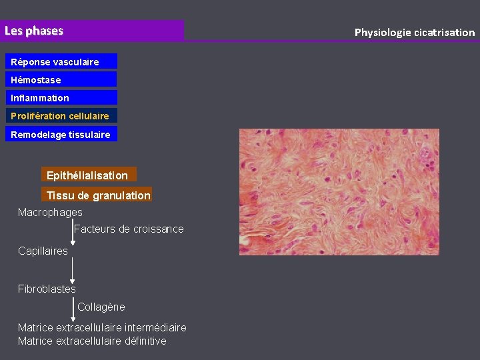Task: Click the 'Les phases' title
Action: (x=34, y=31)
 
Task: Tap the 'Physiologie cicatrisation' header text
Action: (x=414, y=32)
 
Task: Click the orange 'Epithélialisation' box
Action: (x=88, y=175)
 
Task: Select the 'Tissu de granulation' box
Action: (x=97, y=195)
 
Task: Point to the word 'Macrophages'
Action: (x=50, y=212)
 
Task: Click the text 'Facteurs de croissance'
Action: (x=129, y=229)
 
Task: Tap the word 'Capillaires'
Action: (x=43, y=251)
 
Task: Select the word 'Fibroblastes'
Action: (x=47, y=289)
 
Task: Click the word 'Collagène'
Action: (x=101, y=307)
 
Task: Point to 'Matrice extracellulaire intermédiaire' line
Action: (x=102, y=327)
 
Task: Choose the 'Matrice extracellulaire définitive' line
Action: (x=92, y=341)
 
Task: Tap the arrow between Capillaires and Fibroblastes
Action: (x=72, y=270)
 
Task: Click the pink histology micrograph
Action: (x=339, y=192)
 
